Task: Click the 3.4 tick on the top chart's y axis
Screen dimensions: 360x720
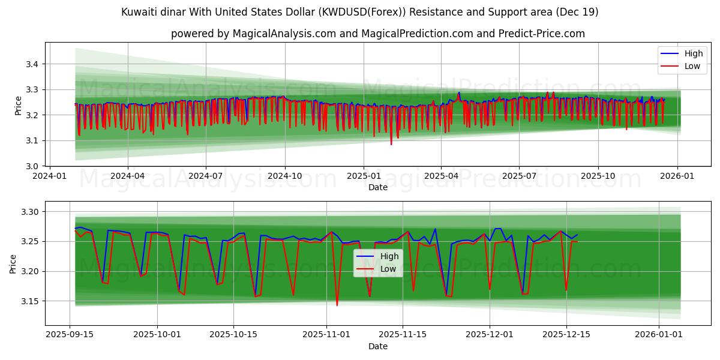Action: (x=32, y=64)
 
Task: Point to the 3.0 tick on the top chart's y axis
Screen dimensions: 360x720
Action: (x=32, y=166)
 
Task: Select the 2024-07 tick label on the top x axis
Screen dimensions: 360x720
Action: (x=206, y=176)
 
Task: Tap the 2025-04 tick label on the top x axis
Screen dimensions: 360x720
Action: (x=441, y=176)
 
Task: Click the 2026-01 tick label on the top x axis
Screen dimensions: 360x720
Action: (x=677, y=176)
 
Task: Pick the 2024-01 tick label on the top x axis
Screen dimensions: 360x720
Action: (x=49, y=176)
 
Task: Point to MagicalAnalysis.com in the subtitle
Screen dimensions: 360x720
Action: (x=284, y=34)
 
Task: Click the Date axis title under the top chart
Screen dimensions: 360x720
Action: (x=378, y=187)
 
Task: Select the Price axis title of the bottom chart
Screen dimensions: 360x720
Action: (x=13, y=263)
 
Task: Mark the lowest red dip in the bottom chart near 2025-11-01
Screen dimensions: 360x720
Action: (x=337, y=305)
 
